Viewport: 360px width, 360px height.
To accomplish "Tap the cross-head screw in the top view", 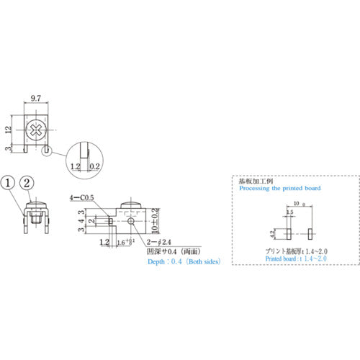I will point(36,131).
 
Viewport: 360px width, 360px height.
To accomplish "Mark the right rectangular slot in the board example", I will point(311,234).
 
